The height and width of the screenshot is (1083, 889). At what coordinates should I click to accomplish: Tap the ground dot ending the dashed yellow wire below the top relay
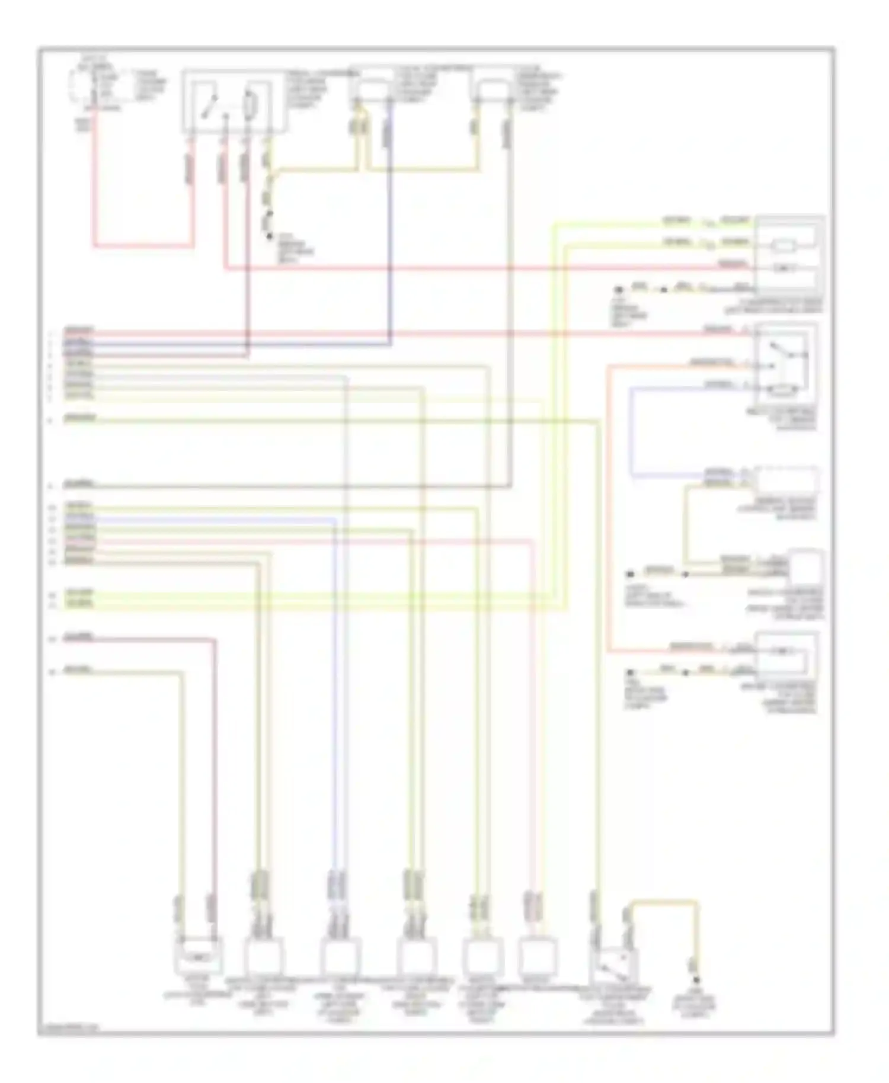click(x=270, y=236)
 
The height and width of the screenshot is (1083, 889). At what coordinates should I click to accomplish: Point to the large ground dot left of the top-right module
click(x=620, y=290)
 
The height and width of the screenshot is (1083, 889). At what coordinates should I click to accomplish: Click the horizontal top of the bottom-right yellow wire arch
click(x=664, y=902)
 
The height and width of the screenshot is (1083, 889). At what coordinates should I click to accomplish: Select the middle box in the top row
click(x=372, y=89)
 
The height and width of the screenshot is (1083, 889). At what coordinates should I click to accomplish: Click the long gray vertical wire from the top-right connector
click(x=510, y=296)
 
